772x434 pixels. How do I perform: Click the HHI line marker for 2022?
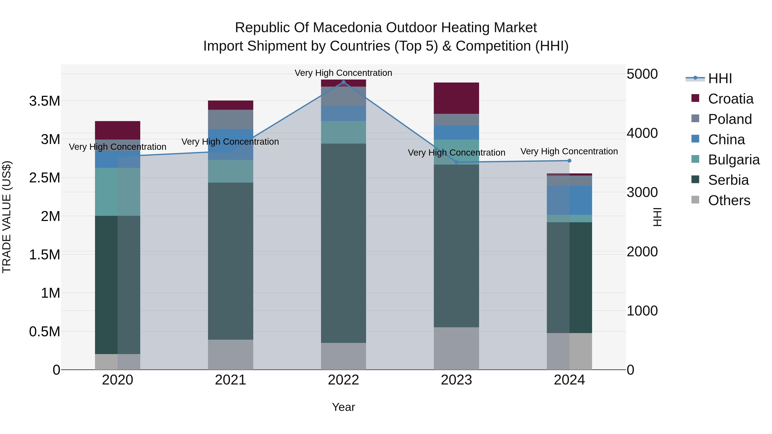click(344, 82)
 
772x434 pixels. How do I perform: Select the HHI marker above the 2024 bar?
click(569, 161)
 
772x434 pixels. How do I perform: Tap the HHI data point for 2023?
click(456, 162)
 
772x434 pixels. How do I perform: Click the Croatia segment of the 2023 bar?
click(456, 98)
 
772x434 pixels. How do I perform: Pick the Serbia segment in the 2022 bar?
click(344, 243)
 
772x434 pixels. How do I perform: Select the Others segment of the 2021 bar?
click(231, 355)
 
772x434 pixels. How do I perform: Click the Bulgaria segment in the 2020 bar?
click(118, 192)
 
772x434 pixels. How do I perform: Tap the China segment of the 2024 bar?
click(569, 200)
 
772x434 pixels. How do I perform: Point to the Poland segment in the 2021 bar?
click(231, 120)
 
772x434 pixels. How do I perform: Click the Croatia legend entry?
click(730, 99)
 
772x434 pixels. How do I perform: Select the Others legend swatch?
click(695, 200)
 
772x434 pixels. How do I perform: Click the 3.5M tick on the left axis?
click(44, 101)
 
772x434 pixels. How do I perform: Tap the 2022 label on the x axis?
click(344, 380)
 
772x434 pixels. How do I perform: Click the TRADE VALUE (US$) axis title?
click(7, 217)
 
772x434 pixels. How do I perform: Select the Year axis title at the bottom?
click(344, 407)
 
